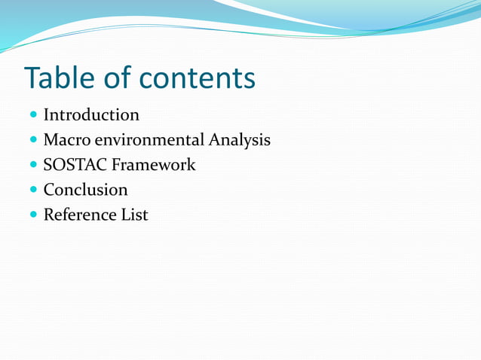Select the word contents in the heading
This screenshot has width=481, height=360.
[x=198, y=78]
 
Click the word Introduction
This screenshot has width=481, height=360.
[x=91, y=115]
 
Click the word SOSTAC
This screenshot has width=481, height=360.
[x=75, y=165]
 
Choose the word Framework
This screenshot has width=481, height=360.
[x=154, y=165]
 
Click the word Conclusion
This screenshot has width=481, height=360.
[x=85, y=190]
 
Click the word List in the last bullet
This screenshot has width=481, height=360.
[x=135, y=215]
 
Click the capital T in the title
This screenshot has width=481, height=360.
[x=34, y=78]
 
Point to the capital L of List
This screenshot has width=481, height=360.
[x=126, y=215]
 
